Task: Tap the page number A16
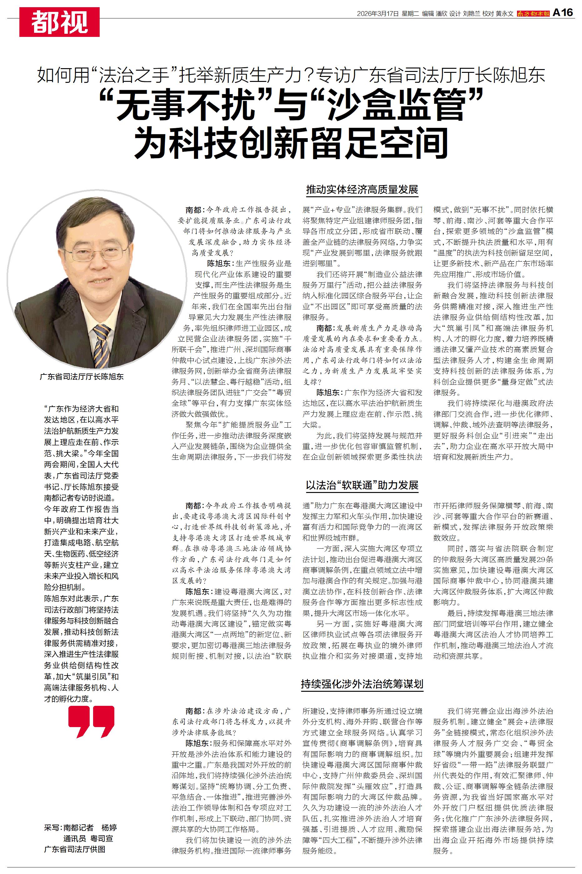click(563, 13)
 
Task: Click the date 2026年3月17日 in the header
click(377, 13)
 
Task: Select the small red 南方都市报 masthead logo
click(533, 13)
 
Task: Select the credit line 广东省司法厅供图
click(75, 849)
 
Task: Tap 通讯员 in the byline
click(75, 838)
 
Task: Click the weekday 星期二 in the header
click(410, 13)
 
